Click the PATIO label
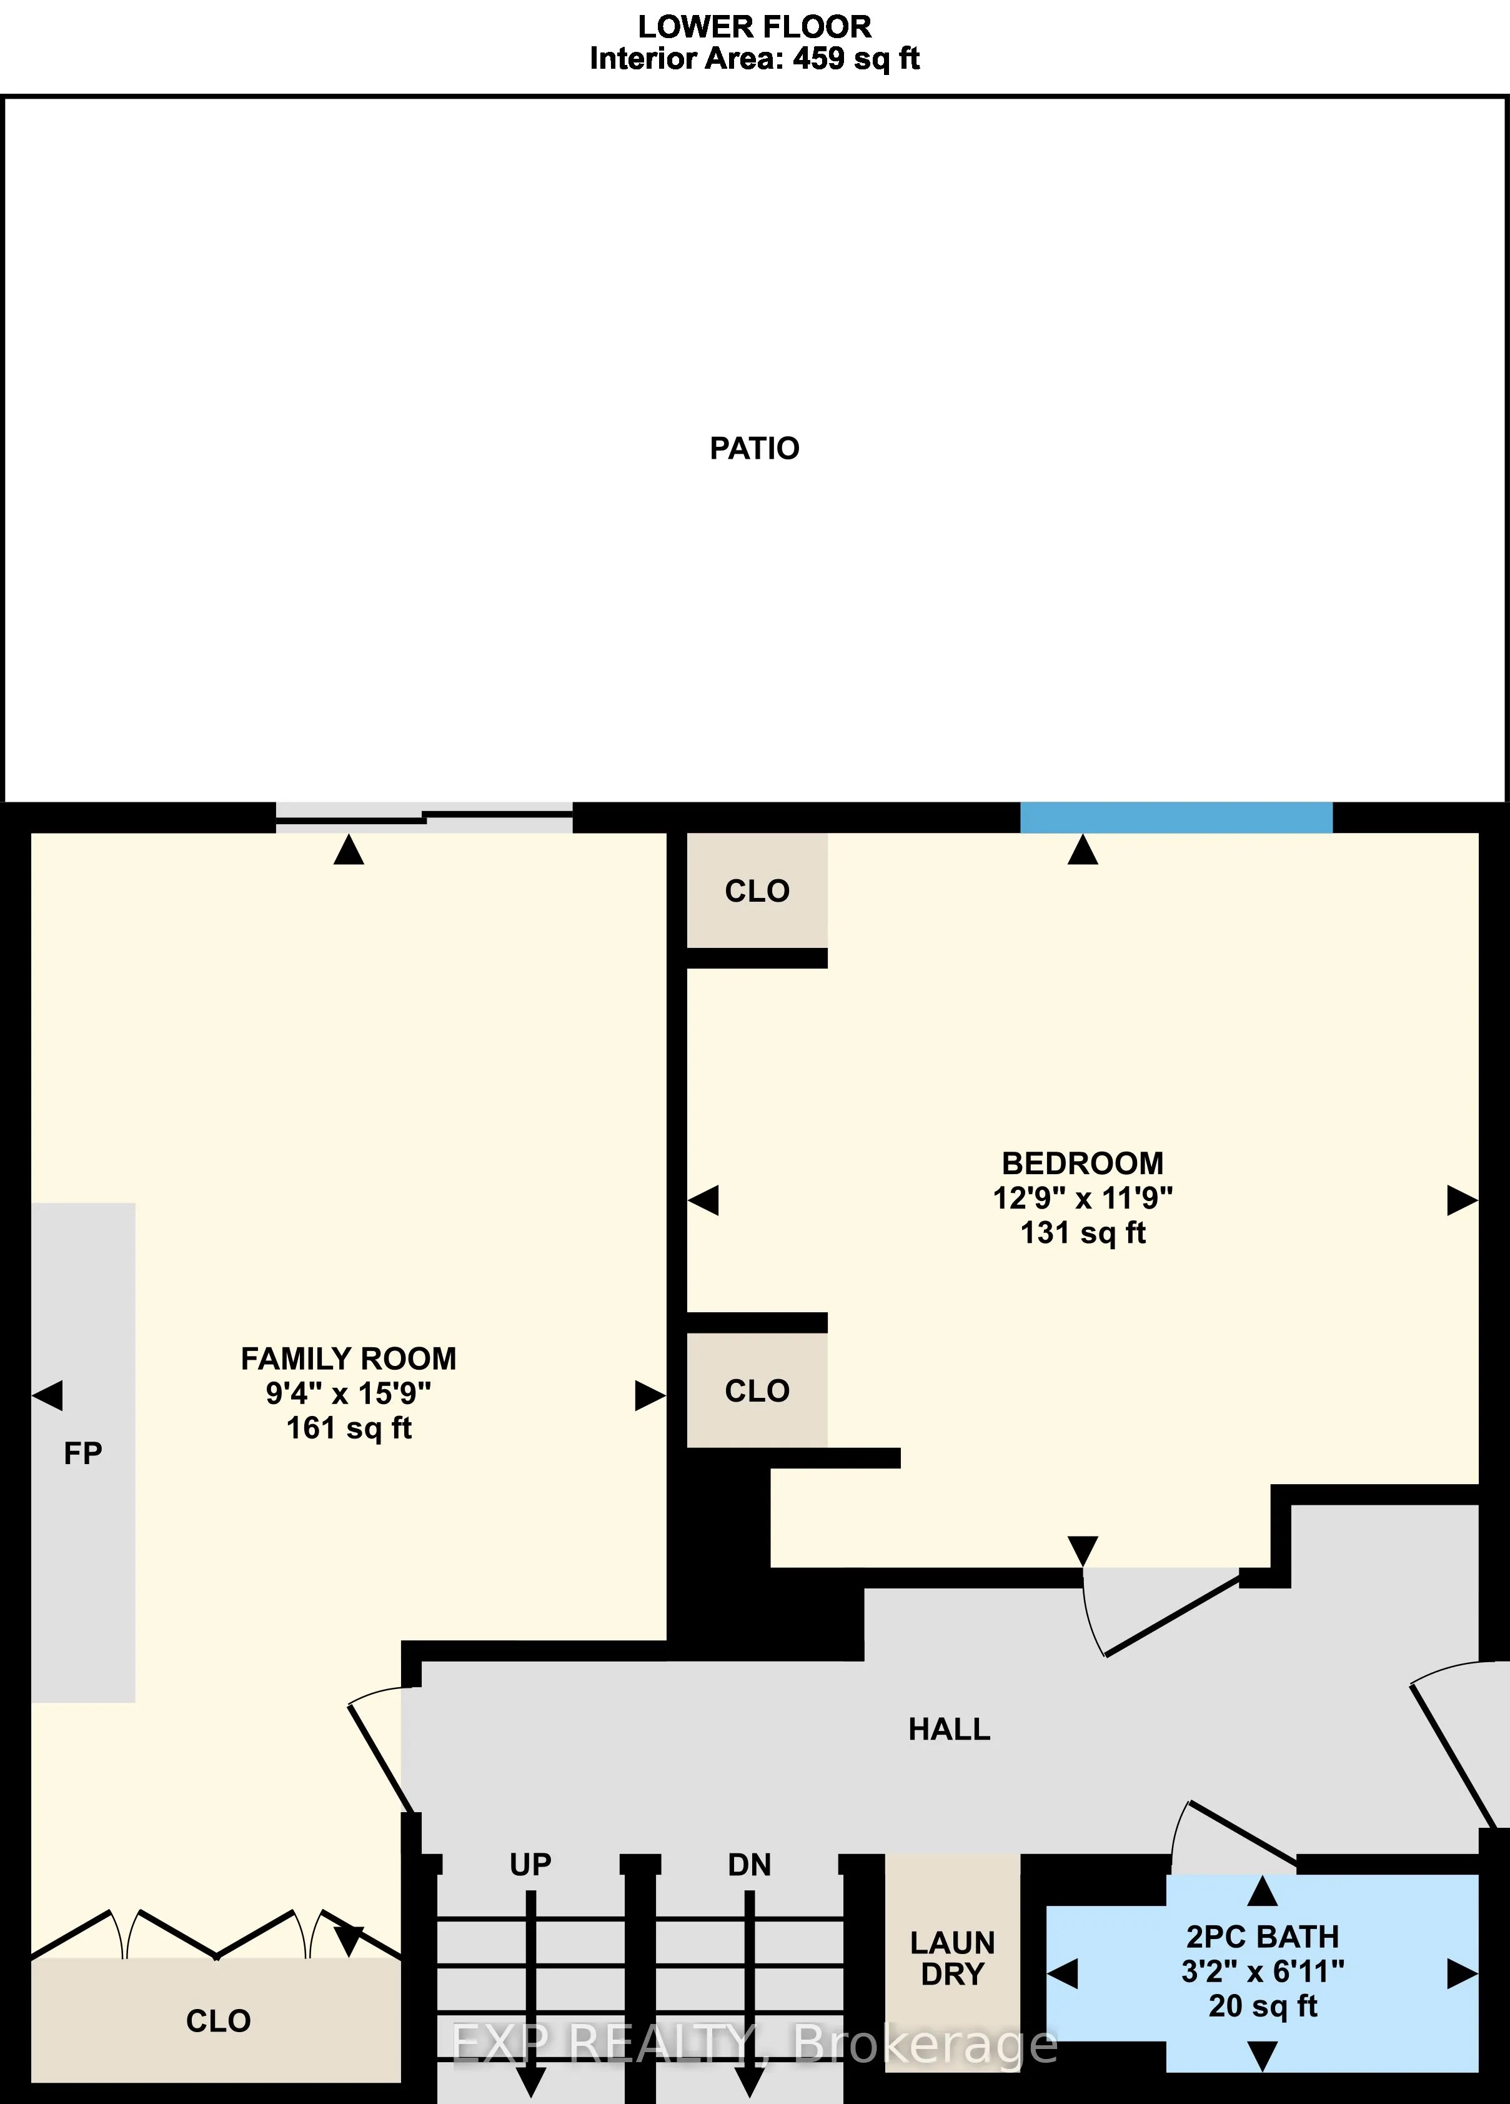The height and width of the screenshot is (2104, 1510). click(754, 448)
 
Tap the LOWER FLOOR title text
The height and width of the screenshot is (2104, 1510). click(754, 26)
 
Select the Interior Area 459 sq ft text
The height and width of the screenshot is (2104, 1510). click(754, 59)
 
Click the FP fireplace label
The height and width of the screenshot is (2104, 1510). click(82, 1453)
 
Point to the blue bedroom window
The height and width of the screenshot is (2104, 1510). click(1176, 817)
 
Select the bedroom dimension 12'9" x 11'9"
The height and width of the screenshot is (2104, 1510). click(1083, 1198)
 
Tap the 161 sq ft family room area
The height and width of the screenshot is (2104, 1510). click(349, 1428)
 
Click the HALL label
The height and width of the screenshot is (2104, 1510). click(949, 1729)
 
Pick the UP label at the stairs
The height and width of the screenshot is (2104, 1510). click(530, 1865)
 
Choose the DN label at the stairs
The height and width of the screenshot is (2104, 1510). click(750, 1865)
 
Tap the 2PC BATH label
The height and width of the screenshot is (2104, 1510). click(1263, 1937)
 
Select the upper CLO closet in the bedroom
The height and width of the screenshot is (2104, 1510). click(757, 890)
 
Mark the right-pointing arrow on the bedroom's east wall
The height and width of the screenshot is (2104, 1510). click(1462, 1200)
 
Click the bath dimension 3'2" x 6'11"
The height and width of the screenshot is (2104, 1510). click(1263, 1972)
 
